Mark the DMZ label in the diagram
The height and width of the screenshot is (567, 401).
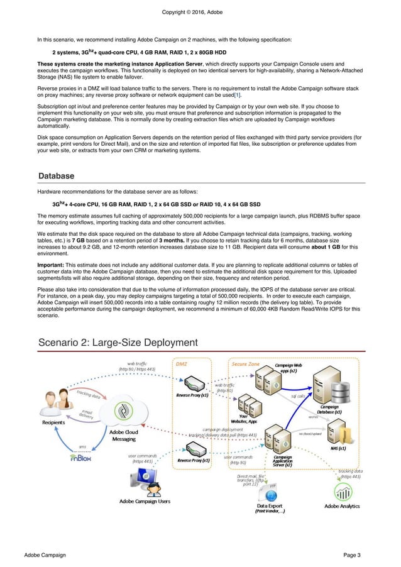[x=181, y=364]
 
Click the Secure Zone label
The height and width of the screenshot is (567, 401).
[x=245, y=364]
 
